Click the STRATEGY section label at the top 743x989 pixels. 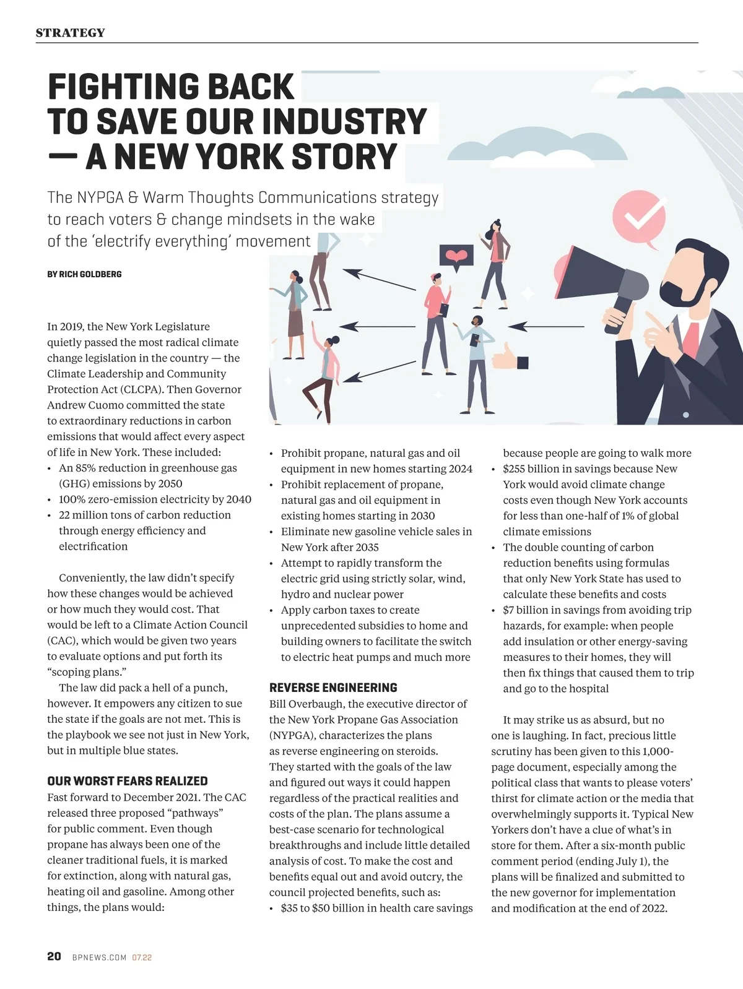coord(70,33)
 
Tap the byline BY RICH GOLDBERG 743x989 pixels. coord(84,274)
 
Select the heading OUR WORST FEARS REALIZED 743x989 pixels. coord(128,781)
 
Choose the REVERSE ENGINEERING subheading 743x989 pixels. coord(333,688)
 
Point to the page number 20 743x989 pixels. coord(54,956)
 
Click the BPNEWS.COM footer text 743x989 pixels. coord(99,957)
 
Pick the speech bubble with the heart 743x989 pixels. coord(456,256)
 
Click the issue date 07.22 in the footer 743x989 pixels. coord(142,957)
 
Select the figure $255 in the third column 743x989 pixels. coord(514,469)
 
